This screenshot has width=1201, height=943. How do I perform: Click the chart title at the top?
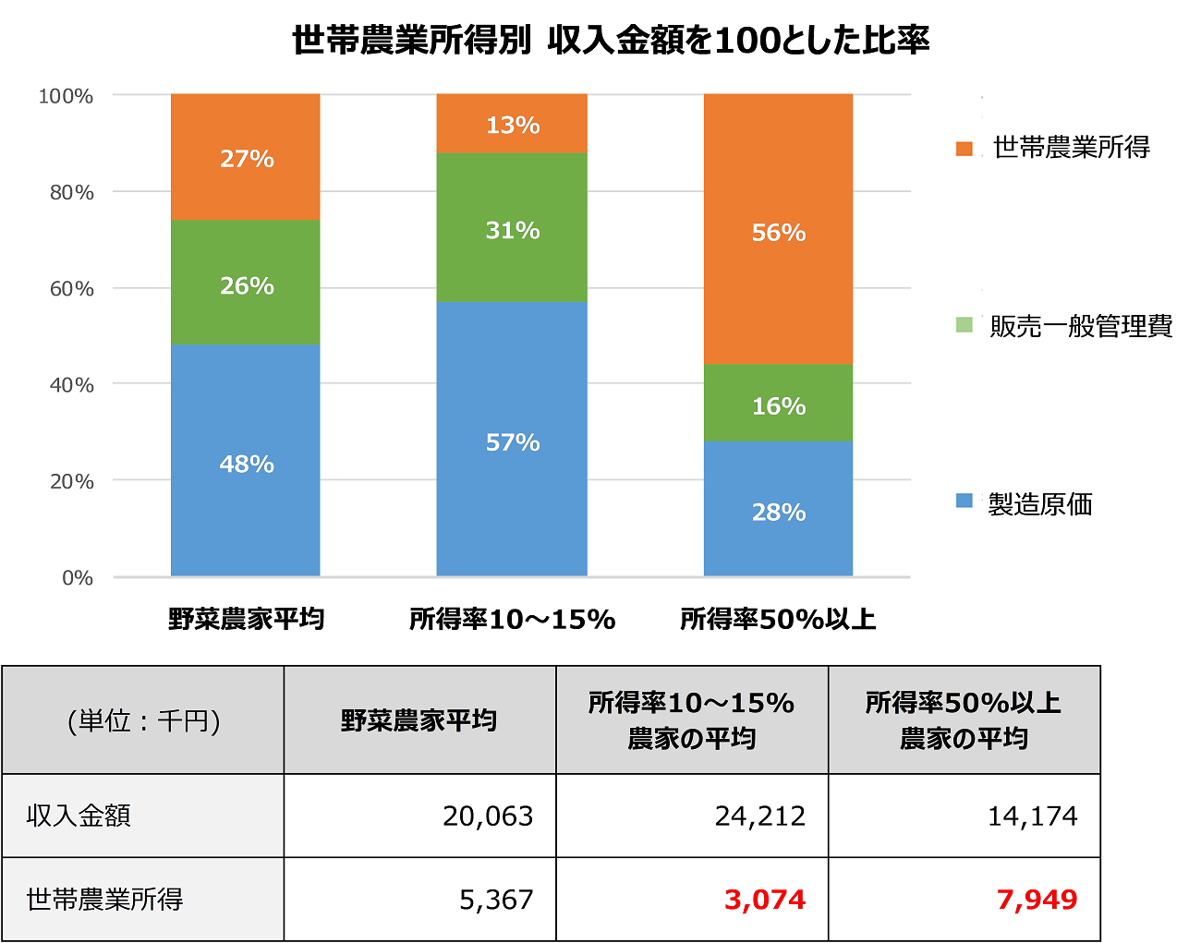[x=611, y=41]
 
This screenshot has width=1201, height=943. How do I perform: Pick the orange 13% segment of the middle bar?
[x=512, y=124]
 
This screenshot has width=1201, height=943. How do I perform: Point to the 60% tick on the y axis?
[x=71, y=289]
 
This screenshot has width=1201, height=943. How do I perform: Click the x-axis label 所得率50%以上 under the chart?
[x=778, y=619]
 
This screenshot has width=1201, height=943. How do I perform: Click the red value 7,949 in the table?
[x=1037, y=900]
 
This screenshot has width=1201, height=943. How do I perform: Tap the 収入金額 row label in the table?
[x=79, y=816]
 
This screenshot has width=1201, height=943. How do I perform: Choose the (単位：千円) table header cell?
[x=143, y=720]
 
